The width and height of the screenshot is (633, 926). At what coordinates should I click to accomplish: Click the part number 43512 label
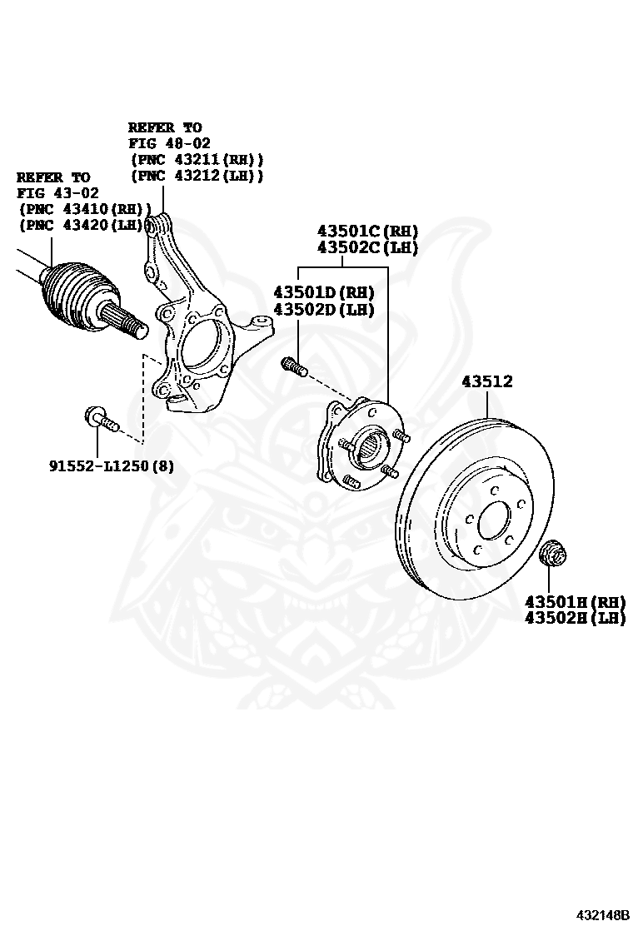click(487, 382)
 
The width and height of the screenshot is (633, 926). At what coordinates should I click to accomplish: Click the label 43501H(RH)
click(574, 601)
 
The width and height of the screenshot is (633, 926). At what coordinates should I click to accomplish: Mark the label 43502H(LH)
click(574, 618)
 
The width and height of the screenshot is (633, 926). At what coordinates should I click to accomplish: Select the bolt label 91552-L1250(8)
click(112, 466)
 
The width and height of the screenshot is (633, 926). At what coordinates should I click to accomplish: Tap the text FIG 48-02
click(169, 143)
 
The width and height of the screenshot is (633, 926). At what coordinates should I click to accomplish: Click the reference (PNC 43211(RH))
click(197, 160)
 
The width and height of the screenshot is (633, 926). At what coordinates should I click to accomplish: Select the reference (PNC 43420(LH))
click(85, 225)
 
